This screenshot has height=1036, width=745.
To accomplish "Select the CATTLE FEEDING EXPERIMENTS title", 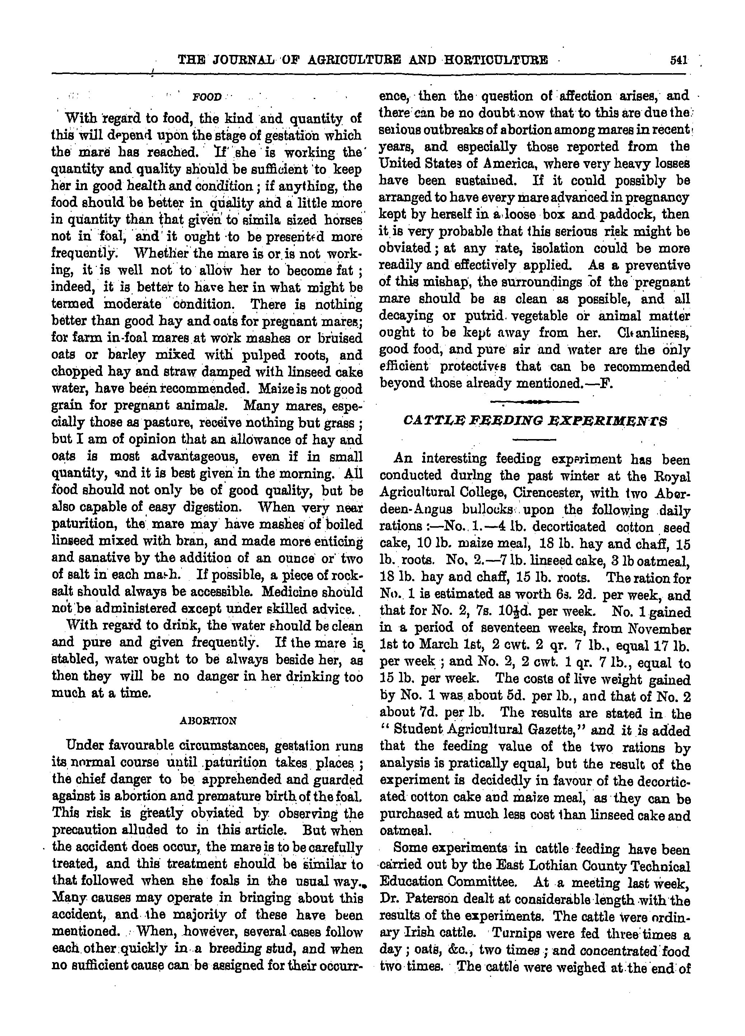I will coord(535,420).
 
